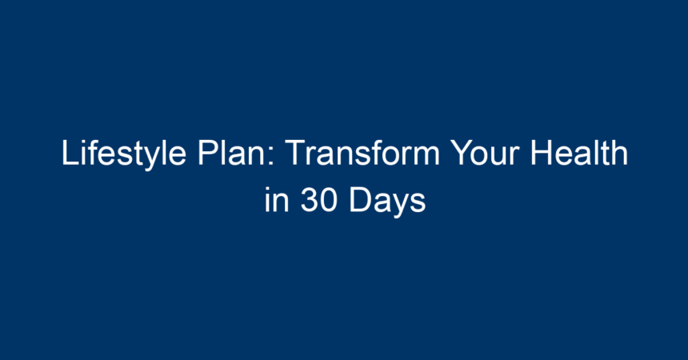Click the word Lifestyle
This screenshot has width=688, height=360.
[124, 154]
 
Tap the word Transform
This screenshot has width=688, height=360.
[363, 152]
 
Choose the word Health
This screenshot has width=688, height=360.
[578, 152]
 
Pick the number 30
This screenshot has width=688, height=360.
[319, 200]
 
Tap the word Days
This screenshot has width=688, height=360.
[387, 202]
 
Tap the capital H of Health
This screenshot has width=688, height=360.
[541, 152]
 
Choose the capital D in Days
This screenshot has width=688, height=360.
[361, 200]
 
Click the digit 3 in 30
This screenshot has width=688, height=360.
[309, 200]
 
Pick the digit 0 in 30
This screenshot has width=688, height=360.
[329, 200]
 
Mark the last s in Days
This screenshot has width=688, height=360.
[418, 204]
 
